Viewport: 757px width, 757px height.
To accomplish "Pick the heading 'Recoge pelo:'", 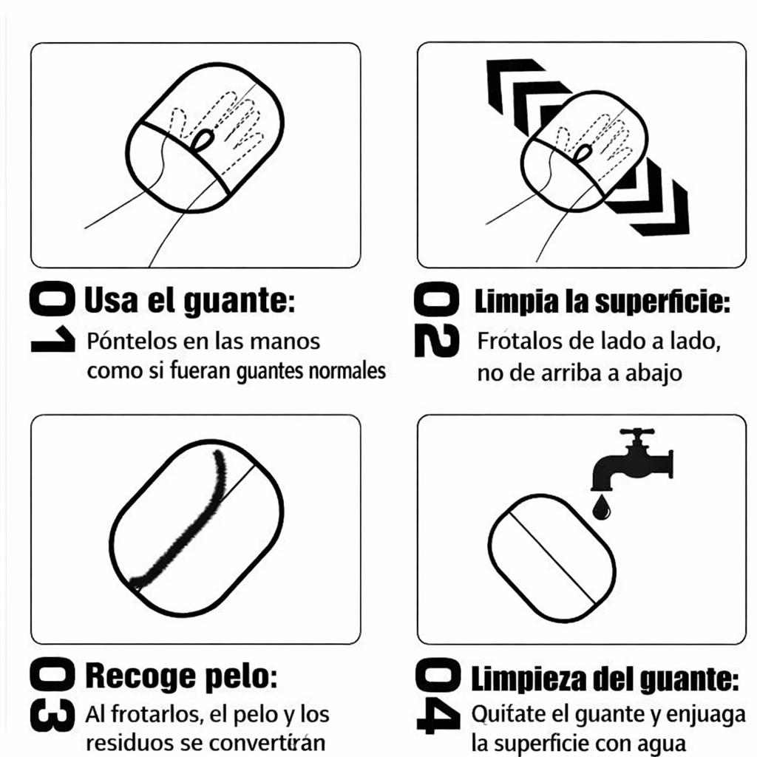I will (182, 675).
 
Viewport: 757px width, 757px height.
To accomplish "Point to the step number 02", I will (436, 322).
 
